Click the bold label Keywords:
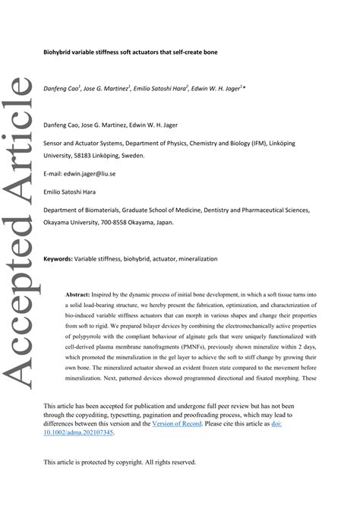pyautogui.click(x=58, y=259)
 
